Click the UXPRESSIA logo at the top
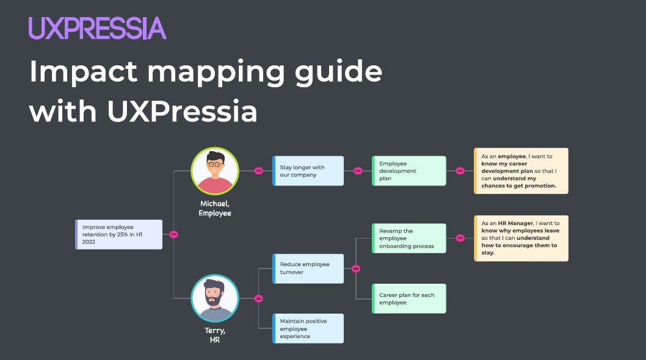point(97,29)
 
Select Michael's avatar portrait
point(214,171)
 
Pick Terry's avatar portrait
point(214,298)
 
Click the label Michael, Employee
point(215,209)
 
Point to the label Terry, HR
point(215,335)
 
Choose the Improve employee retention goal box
point(119,234)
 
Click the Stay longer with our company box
point(308,171)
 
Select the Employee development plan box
point(409,171)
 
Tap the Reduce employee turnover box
point(308,268)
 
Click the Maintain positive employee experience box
point(308,328)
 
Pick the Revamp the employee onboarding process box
point(409,239)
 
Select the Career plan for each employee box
point(409,298)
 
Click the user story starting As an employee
point(521,171)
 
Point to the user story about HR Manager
point(521,238)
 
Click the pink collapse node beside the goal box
point(174,234)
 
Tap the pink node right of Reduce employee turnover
point(356,268)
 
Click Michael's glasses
point(214,164)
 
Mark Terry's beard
point(214,300)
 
